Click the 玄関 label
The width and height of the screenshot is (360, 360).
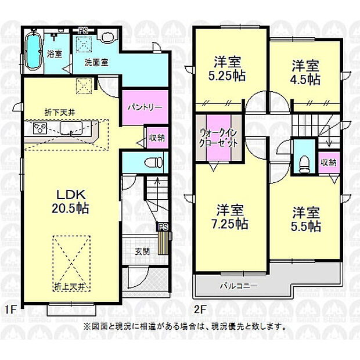(142, 251)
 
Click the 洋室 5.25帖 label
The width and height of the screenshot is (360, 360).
(230, 68)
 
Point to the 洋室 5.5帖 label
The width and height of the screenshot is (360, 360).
(306, 219)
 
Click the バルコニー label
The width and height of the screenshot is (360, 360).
(235, 285)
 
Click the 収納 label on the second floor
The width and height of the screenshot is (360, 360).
(328, 163)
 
